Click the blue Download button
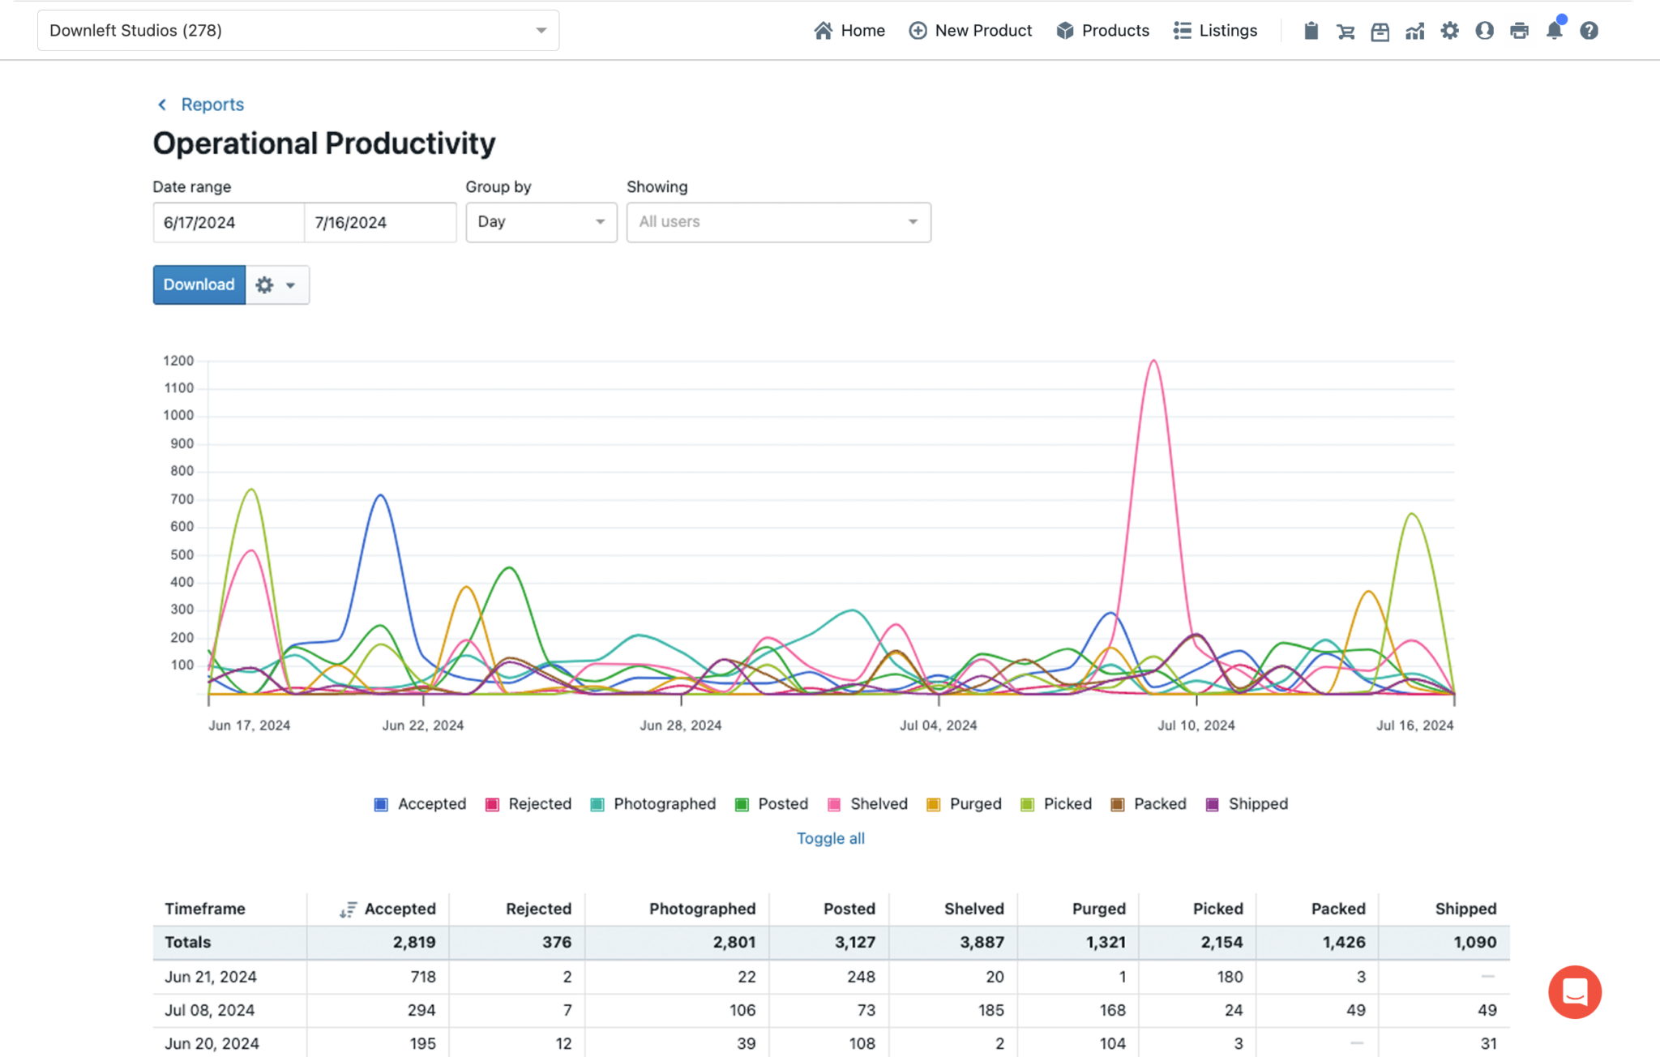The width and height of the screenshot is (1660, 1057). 199,285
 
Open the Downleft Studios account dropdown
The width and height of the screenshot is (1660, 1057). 297,31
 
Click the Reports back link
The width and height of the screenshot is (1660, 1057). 212,105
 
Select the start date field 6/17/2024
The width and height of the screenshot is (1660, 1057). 228,222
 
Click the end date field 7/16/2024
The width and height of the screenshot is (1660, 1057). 379,222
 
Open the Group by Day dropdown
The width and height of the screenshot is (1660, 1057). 541,222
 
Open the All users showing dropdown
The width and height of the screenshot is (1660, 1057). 778,222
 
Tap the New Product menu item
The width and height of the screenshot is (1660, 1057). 970,31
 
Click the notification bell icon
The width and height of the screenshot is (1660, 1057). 1554,31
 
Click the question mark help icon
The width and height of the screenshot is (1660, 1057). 1589,31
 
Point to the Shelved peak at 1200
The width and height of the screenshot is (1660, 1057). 1153,362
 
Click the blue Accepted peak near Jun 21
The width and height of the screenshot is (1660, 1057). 380,495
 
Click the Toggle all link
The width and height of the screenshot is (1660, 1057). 830,838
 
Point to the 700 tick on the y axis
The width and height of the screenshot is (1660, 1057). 182,499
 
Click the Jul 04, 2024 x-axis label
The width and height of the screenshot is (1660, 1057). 938,725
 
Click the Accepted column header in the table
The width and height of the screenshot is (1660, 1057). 399,909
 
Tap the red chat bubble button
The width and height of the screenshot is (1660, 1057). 1574,991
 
